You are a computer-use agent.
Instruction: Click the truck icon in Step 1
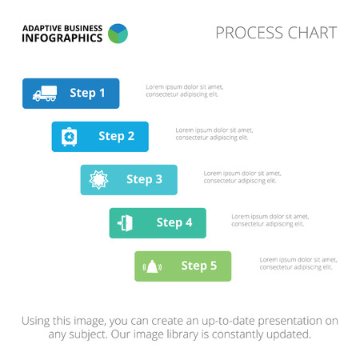45,94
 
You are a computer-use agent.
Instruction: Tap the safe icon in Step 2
70,137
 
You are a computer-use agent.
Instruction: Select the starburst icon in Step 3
98,180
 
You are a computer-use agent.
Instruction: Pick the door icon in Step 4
125,222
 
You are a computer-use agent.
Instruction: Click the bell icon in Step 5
152,266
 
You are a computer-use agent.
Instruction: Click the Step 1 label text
87,93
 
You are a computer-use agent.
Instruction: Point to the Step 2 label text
116,136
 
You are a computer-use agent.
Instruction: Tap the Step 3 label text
144,179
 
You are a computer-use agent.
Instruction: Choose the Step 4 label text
174,222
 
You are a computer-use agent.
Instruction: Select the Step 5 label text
199,266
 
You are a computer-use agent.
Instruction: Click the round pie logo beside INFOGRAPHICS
118,34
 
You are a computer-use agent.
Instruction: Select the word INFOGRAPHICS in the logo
62,38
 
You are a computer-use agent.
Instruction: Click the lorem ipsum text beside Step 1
185,90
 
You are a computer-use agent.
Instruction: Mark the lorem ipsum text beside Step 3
242,177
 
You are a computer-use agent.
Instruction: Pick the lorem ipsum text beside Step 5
298,263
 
